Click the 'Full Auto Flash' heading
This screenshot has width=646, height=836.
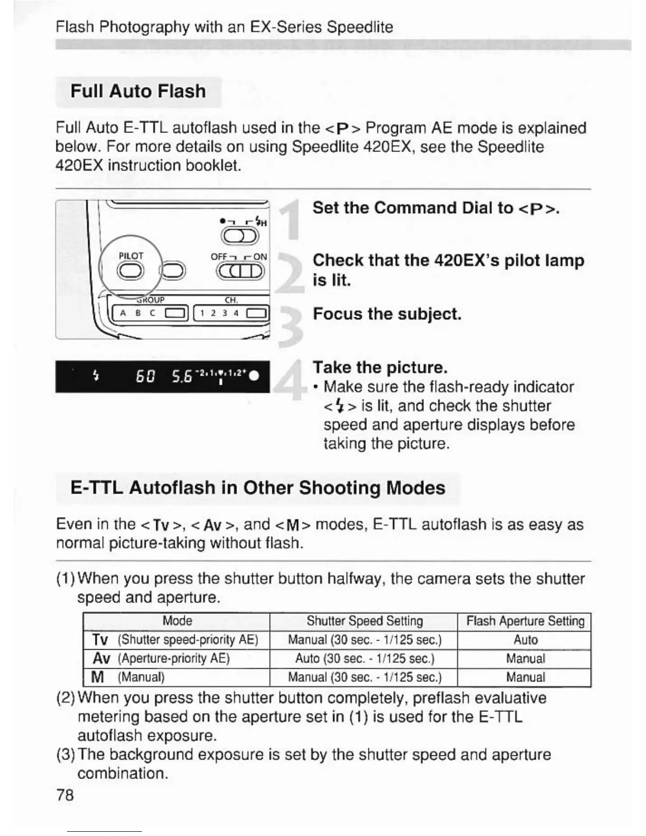tap(138, 91)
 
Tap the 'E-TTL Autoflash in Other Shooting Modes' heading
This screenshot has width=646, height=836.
tap(258, 488)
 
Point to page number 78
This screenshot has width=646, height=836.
tap(65, 795)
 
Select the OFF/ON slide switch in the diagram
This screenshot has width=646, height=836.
tap(239, 271)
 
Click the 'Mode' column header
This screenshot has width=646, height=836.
tap(177, 621)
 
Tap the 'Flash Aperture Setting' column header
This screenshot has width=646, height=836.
tap(525, 621)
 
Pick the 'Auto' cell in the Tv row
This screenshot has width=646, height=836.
tap(525, 640)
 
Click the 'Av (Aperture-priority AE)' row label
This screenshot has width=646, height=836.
tap(161, 659)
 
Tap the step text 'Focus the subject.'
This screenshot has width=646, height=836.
tap(387, 314)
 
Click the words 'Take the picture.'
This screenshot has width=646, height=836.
tap(380, 367)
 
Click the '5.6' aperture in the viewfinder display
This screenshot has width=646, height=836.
tap(182, 376)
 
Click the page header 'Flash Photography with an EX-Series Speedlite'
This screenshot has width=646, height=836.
tap(224, 27)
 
